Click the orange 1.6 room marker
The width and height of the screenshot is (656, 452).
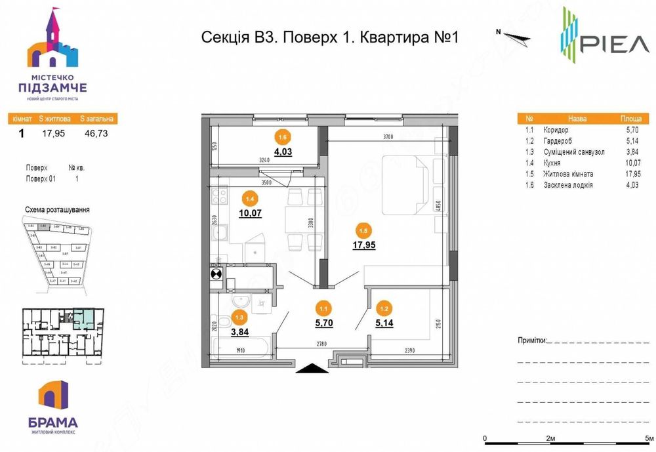[x=283, y=137]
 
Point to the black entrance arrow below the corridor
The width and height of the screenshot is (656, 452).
[x=312, y=369]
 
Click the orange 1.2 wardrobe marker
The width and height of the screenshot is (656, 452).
[x=383, y=306]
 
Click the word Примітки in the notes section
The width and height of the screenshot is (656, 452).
[x=531, y=341]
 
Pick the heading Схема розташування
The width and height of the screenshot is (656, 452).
[x=57, y=210]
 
